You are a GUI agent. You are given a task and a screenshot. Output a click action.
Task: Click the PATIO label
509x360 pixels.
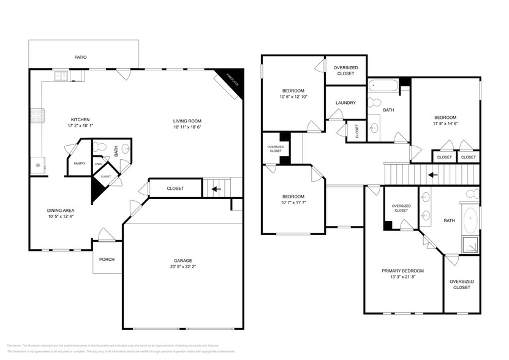[80, 57]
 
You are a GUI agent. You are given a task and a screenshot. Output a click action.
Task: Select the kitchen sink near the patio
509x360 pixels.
[61, 76]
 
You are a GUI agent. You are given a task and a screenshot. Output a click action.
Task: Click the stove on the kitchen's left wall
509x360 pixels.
[36, 114]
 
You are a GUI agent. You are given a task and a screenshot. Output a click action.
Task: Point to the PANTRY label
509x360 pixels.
[80, 163]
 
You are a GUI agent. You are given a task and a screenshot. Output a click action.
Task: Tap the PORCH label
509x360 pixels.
[107, 259]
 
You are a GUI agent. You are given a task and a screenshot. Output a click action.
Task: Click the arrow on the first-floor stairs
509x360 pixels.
[216, 189]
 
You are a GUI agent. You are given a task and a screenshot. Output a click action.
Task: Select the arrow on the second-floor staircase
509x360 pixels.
[432, 174]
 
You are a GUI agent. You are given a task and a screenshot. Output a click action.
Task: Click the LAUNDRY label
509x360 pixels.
[345, 102]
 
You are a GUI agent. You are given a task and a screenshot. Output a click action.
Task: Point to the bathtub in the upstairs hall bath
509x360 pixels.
[383, 86]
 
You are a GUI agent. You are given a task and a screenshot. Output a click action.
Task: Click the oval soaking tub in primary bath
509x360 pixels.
[470, 219]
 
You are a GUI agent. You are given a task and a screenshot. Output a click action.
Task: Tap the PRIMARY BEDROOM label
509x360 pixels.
[402, 271]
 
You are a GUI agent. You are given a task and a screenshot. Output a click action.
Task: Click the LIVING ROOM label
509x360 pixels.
[187, 121]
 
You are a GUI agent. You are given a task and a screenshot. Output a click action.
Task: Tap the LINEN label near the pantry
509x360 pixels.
[98, 163]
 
